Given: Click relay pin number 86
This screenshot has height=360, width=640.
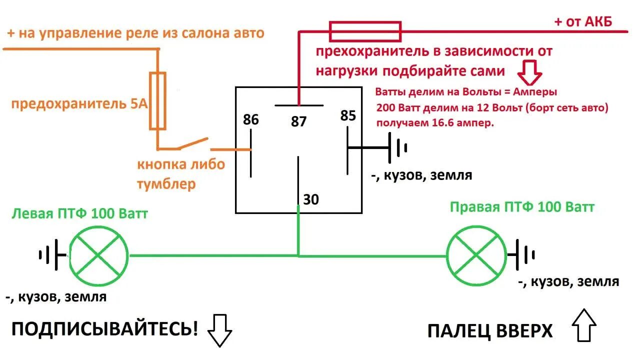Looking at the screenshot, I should pos(251,120).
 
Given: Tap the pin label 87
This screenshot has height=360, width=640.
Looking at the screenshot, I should pos(298,121).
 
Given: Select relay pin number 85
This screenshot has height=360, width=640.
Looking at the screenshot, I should pos(348,116).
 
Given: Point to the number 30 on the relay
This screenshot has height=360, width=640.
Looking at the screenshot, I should pos(311,199).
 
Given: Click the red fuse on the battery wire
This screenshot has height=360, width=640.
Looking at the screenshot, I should pos(364,31).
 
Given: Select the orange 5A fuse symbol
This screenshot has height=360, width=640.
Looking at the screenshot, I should pos(158,101).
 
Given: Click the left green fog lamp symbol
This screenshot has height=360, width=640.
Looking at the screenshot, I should pos(98,256).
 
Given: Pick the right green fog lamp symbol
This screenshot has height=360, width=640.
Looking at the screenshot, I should pos(476,255).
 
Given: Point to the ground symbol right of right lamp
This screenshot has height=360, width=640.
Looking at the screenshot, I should pos(524,255).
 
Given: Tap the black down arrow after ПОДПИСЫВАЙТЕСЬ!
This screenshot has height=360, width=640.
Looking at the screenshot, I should pos(220,330).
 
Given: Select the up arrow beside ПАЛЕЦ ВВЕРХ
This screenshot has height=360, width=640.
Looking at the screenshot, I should pos(584,325).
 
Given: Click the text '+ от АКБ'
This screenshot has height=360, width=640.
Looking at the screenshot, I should pos(582,21).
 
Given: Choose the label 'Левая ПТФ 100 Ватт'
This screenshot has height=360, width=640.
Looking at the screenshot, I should pos(79,214).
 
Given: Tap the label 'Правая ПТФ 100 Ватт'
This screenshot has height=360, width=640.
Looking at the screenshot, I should pos(522,207).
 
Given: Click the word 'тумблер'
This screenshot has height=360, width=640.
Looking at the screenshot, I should pos(166,184).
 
